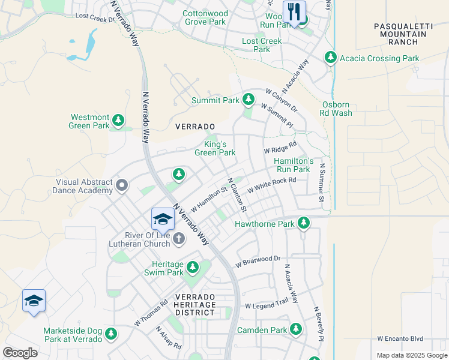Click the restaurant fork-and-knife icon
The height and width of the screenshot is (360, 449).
[294, 11]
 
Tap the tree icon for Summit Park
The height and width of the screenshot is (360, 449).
[248, 99]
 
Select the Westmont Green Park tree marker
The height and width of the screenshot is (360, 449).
[119, 121]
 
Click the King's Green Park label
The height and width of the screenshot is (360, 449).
[215, 148]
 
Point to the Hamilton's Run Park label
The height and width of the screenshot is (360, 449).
[294, 165]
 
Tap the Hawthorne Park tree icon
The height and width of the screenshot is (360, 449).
[304, 223]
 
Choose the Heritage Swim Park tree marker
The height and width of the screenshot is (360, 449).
[193, 267]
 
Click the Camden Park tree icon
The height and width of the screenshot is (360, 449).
[295, 329]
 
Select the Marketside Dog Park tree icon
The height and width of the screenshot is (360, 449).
[110, 334]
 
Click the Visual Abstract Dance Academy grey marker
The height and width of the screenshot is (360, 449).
[122, 185]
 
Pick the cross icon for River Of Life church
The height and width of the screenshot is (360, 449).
[178, 239]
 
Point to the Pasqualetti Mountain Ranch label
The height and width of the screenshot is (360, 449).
[400, 34]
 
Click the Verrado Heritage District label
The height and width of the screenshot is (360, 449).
[195, 305]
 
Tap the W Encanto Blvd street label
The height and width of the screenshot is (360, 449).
[401, 338]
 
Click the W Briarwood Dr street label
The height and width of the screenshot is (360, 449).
[258, 262]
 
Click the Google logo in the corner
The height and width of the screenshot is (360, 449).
[20, 353]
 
